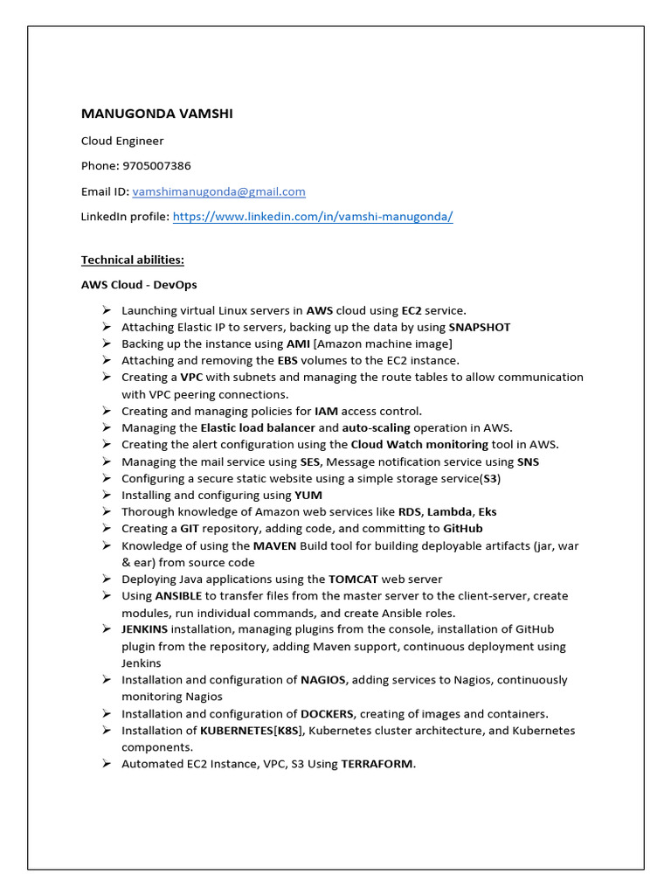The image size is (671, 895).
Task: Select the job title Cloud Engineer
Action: [122, 141]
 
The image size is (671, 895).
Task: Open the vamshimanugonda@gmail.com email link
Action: [218, 191]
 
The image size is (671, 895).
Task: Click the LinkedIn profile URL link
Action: [313, 217]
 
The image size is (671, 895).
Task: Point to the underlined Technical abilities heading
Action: [133, 260]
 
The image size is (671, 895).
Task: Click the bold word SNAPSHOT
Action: [480, 327]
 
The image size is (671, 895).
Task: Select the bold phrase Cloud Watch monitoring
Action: [419, 444]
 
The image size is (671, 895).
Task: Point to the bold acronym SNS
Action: [528, 461]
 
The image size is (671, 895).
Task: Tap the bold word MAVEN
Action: [274, 545]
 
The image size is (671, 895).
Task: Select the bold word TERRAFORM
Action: [377, 764]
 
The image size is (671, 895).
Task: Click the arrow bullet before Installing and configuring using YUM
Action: [106, 495]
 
